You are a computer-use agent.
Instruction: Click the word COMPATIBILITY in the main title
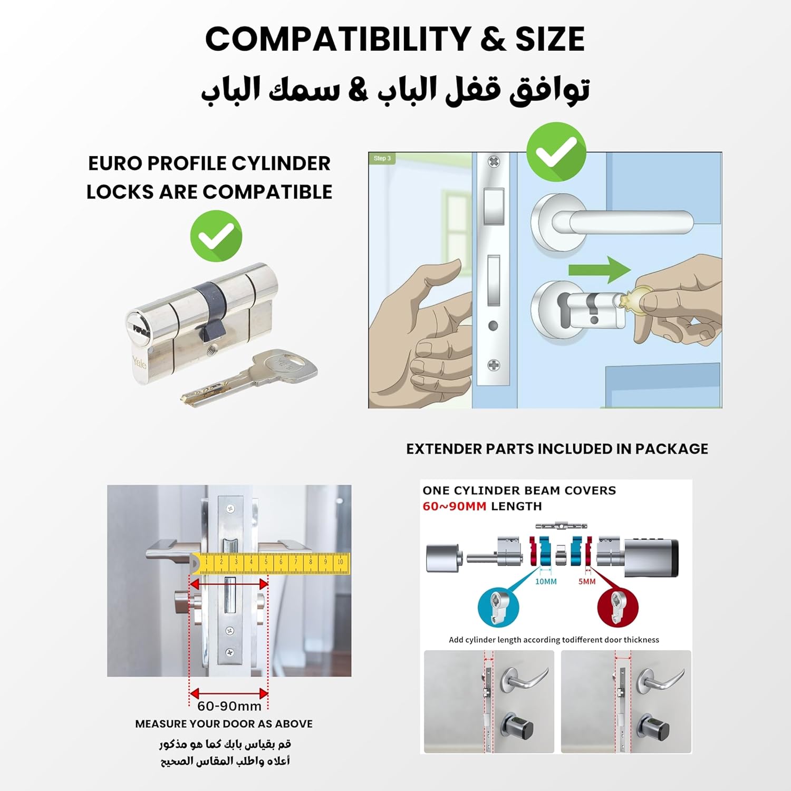337,39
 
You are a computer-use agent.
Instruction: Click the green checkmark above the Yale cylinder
216,236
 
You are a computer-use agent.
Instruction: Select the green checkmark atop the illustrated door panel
556,152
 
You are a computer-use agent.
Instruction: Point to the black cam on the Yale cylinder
211,311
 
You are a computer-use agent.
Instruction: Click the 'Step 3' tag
382,158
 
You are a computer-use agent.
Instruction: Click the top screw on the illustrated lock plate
494,161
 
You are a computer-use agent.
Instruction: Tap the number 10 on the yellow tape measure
340,562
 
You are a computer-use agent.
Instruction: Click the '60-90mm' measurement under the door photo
229,706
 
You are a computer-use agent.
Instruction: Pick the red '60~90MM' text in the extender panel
454,506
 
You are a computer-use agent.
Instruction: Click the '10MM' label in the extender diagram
546,582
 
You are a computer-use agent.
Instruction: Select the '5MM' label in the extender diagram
586,582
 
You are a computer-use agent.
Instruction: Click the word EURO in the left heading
114,163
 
